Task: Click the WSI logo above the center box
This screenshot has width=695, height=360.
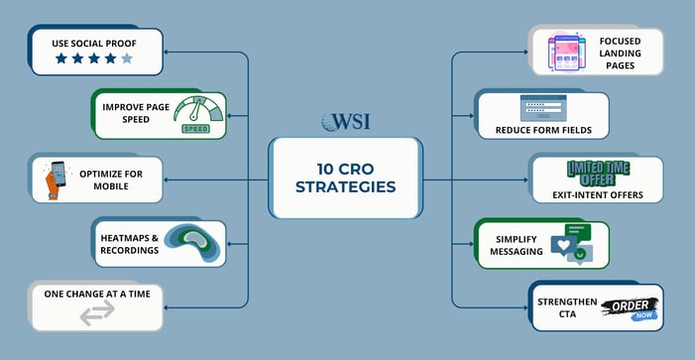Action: click(347, 121)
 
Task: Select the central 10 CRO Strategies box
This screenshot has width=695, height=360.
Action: click(347, 178)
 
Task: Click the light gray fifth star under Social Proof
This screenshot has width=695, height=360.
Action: click(126, 60)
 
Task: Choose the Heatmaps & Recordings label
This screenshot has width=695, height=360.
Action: click(128, 244)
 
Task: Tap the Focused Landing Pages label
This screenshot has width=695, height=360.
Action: click(623, 53)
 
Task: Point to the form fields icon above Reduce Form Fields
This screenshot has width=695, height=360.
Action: click(542, 107)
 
